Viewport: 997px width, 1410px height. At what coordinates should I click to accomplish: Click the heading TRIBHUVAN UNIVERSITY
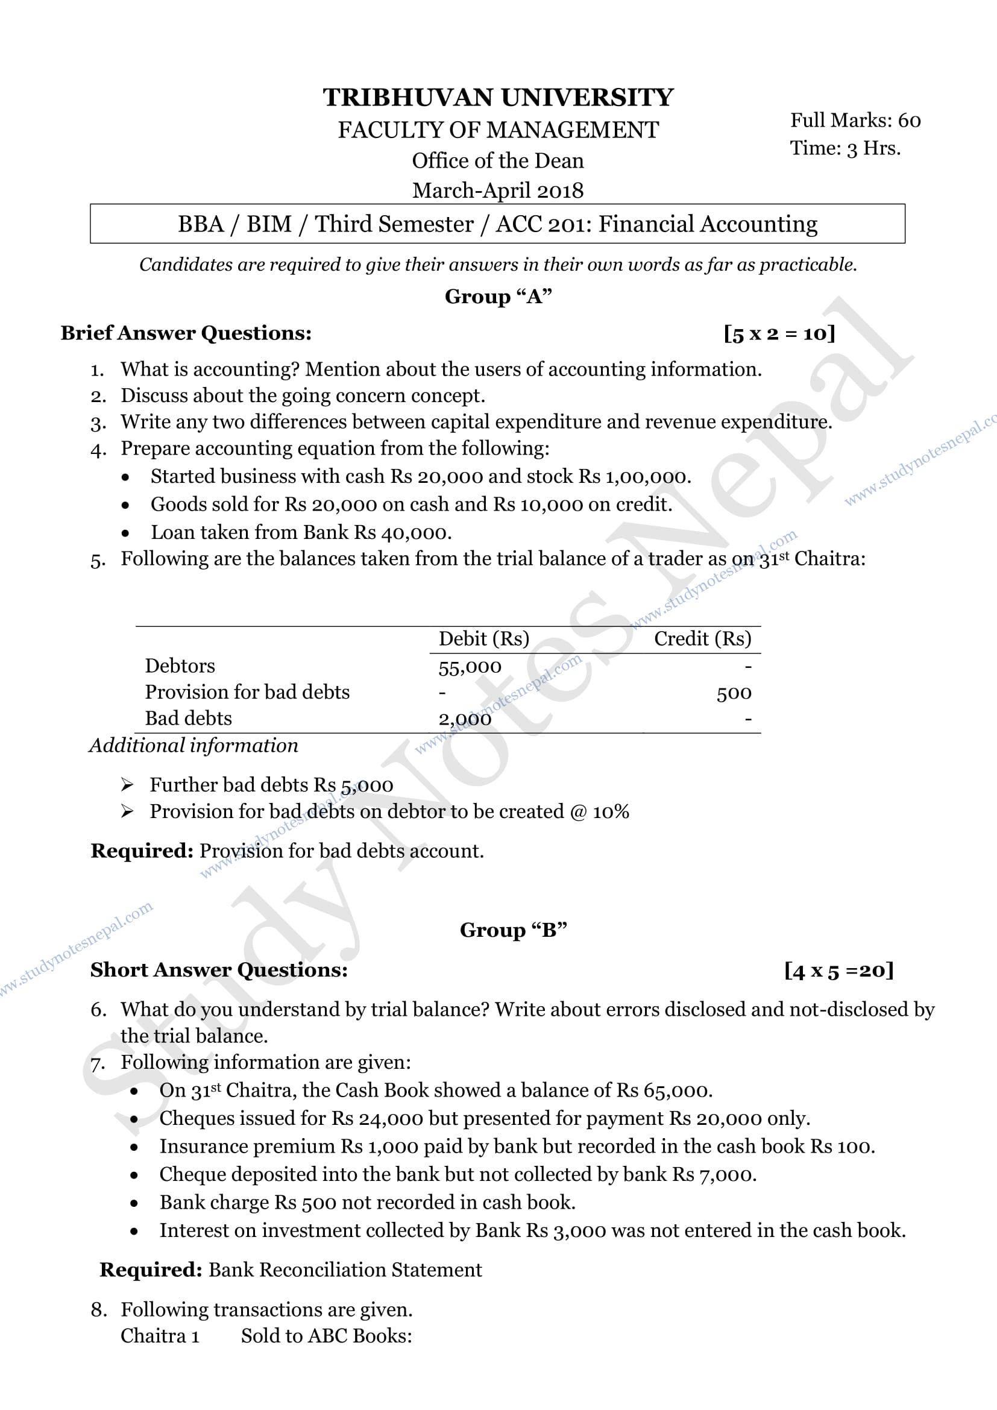[x=498, y=98]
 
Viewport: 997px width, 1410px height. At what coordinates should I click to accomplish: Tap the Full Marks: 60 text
[x=855, y=121]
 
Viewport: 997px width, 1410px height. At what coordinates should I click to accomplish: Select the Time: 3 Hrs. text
[x=844, y=148]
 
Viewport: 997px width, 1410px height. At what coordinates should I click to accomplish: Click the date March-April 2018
[x=498, y=190]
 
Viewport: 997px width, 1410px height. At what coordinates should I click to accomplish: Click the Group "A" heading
[x=498, y=297]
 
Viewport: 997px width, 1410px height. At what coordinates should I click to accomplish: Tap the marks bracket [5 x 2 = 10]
[x=779, y=333]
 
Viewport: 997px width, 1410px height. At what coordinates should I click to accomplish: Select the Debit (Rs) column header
[x=484, y=638]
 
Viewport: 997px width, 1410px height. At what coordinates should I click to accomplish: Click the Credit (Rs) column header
[x=702, y=638]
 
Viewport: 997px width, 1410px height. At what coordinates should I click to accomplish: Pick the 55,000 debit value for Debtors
[x=470, y=667]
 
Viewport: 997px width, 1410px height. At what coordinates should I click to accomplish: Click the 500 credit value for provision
[x=734, y=693]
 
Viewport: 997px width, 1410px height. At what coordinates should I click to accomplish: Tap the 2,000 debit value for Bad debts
[x=465, y=719]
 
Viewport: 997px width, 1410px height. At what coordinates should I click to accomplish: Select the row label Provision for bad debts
[x=247, y=692]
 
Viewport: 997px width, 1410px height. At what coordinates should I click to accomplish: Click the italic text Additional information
[x=193, y=746]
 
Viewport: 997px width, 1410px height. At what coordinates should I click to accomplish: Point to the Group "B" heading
[x=513, y=930]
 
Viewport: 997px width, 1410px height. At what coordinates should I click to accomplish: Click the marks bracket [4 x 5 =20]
[x=838, y=971]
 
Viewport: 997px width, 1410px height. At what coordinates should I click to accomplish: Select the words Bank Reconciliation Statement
[x=345, y=1270]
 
